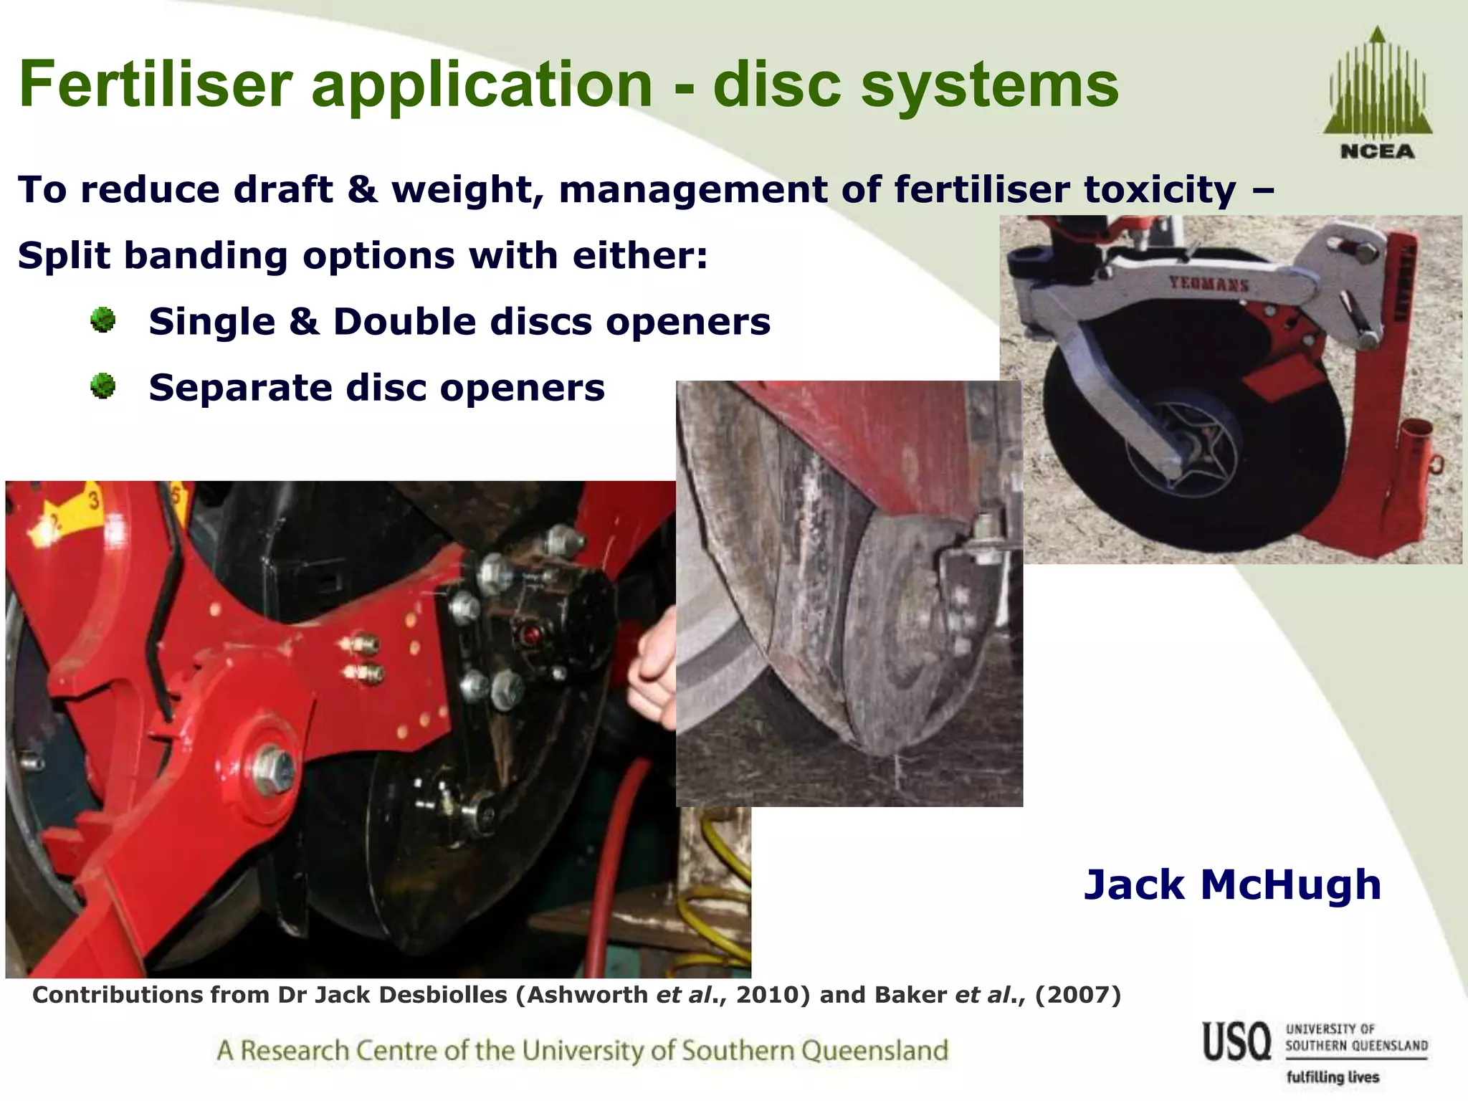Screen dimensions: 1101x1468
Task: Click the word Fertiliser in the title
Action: click(156, 84)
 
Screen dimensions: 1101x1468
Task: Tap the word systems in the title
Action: click(989, 84)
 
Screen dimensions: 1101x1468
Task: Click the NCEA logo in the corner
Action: click(1377, 93)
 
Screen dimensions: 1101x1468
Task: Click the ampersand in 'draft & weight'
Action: click(363, 190)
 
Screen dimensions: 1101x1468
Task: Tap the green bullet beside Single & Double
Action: click(103, 320)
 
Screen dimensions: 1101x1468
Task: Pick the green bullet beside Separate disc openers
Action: click(103, 386)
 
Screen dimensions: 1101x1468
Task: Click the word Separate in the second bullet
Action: click(240, 388)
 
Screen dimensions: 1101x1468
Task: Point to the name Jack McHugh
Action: click(1232, 884)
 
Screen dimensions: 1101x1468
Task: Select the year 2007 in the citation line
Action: click(1077, 995)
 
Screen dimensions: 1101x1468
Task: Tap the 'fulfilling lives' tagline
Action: click(1333, 1077)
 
